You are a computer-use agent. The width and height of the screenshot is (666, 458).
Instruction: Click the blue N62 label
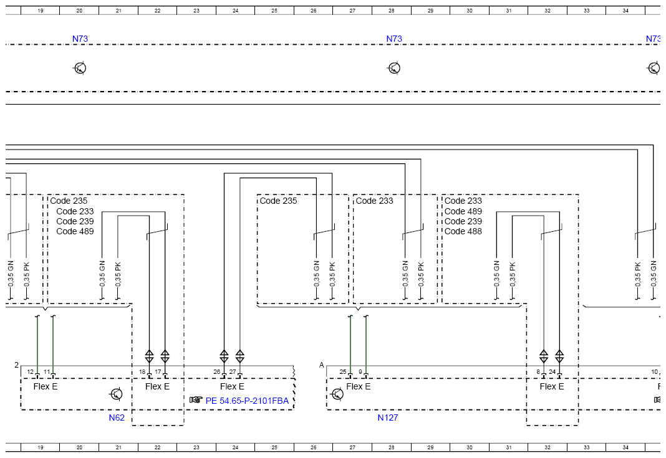pyautogui.click(x=117, y=417)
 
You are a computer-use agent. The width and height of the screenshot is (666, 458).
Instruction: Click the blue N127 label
pyautogui.click(x=387, y=417)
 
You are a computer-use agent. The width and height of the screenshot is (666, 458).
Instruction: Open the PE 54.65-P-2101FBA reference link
pyautogui.click(x=247, y=401)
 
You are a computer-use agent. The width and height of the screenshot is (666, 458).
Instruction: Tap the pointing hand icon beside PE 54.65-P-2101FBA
pyautogui.click(x=196, y=400)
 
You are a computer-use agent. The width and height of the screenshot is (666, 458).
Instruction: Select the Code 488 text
pyautogui.click(x=463, y=231)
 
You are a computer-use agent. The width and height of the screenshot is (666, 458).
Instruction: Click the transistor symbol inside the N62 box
pyautogui.click(x=116, y=394)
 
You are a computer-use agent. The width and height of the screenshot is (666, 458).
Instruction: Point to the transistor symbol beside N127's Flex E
pyautogui.click(x=337, y=394)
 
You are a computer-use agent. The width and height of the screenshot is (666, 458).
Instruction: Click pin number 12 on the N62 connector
pyautogui.click(x=30, y=372)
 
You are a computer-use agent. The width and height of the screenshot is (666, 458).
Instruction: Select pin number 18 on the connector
pyautogui.click(x=142, y=372)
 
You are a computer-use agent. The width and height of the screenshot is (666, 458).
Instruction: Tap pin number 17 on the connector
pyautogui.click(x=158, y=372)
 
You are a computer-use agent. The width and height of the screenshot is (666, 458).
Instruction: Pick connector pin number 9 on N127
pyautogui.click(x=360, y=372)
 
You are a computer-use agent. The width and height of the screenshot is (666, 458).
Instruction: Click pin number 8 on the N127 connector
pyautogui.click(x=538, y=372)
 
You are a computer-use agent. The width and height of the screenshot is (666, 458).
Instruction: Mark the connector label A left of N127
pyautogui.click(x=322, y=365)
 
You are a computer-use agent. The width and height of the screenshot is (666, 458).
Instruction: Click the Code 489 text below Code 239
pyautogui.click(x=75, y=231)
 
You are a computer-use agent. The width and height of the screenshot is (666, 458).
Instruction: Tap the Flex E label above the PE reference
pyautogui.click(x=232, y=386)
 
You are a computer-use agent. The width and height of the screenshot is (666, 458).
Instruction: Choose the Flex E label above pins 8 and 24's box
pyautogui.click(x=552, y=386)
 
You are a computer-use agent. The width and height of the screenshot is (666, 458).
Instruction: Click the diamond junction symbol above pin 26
pyautogui.click(x=224, y=356)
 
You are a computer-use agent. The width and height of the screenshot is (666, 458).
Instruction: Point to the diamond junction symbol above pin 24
pyautogui.click(x=559, y=356)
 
